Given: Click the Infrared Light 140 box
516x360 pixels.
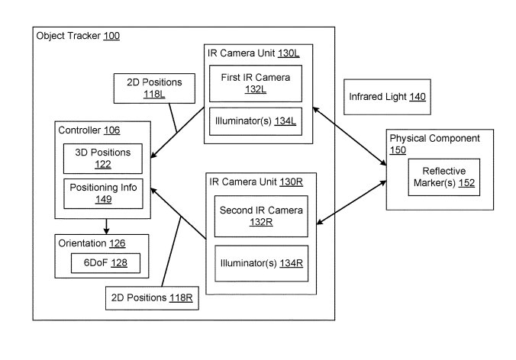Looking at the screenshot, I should click(x=386, y=97).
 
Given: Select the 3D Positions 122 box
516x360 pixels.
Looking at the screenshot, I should click(x=104, y=158).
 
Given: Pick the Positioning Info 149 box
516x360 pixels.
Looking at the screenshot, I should click(x=104, y=193).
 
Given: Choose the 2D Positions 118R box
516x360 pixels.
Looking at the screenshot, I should click(x=152, y=297).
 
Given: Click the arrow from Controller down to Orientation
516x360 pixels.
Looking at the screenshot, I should click(x=107, y=225).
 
